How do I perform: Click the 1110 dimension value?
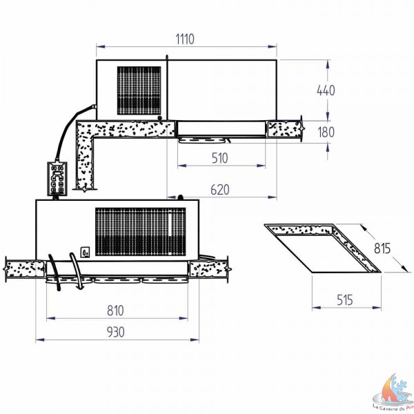pyautogui.click(x=185, y=39)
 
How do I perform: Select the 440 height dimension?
pyautogui.click(x=326, y=90)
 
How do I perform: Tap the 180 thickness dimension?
pyautogui.click(x=326, y=132)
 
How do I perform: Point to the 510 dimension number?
pyautogui.click(x=219, y=158)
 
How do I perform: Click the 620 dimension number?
pyautogui.click(x=219, y=190)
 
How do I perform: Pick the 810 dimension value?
pyautogui.click(x=115, y=310)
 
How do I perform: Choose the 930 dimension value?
pyautogui.click(x=115, y=332)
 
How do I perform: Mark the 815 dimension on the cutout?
pyautogui.click(x=382, y=248)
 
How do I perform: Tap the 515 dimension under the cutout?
pyautogui.click(x=345, y=300)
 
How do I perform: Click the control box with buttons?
pyautogui.click(x=57, y=179)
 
